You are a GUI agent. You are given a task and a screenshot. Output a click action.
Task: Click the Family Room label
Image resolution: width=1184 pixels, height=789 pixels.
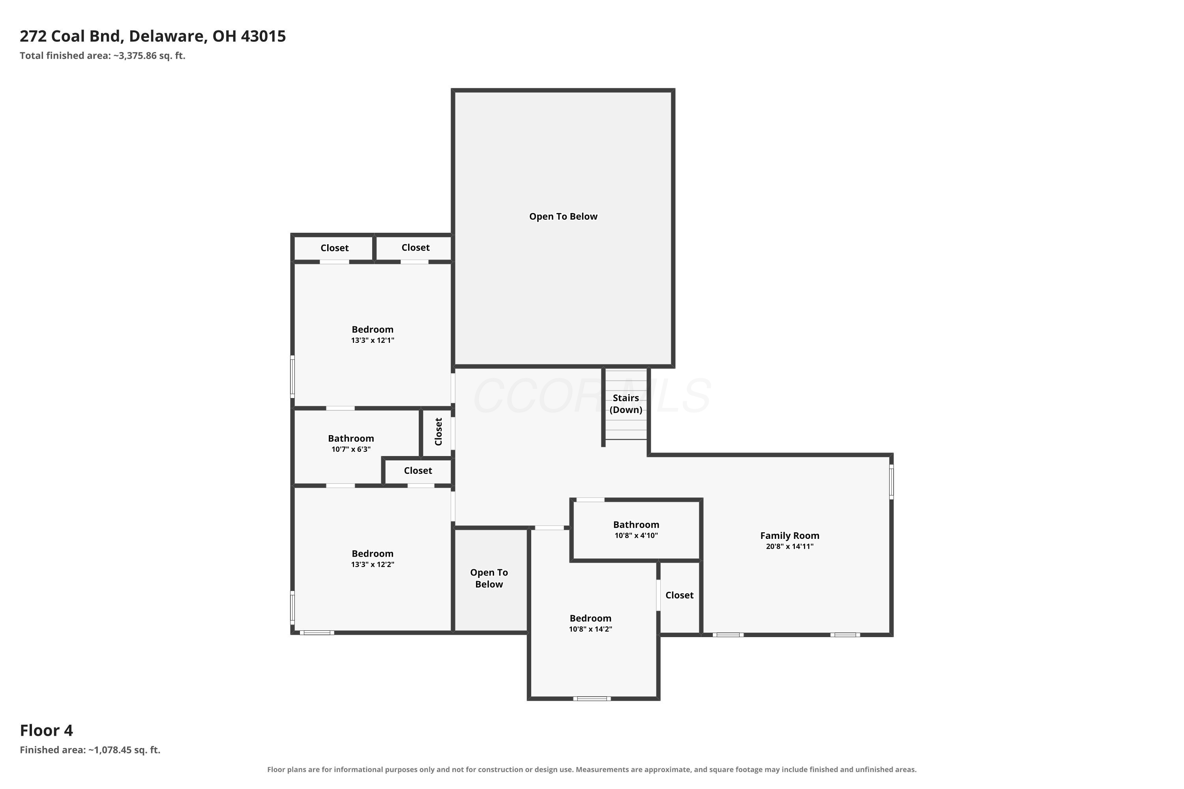(789, 535)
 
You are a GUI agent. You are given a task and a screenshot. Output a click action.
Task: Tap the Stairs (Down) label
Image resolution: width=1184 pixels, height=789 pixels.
(626, 404)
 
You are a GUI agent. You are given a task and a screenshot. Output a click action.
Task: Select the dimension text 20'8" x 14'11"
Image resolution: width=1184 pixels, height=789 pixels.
(789, 546)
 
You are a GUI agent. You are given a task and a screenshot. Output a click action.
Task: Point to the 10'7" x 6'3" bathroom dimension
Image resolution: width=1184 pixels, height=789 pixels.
(351, 449)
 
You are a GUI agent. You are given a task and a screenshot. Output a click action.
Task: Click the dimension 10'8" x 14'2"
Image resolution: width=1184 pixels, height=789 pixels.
(590, 629)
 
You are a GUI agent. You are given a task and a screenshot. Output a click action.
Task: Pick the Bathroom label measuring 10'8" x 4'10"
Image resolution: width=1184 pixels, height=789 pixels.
(636, 525)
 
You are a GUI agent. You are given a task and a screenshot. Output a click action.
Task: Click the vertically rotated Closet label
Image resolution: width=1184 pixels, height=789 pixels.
(438, 432)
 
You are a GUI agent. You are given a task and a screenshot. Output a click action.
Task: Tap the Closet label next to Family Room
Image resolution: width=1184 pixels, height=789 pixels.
(679, 595)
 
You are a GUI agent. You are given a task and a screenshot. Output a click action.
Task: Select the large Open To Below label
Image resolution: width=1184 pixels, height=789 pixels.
(563, 216)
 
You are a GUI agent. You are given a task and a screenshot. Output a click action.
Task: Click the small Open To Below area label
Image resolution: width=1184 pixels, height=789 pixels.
(489, 578)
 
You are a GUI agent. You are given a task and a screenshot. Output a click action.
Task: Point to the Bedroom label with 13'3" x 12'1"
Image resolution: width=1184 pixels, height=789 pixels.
(373, 329)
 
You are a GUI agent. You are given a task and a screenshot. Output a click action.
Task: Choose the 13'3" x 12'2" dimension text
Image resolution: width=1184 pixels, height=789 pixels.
(373, 565)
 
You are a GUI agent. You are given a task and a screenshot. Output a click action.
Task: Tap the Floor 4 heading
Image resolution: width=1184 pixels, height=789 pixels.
(46, 730)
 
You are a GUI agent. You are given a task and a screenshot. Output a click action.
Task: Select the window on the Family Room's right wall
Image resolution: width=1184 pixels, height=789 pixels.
(891, 482)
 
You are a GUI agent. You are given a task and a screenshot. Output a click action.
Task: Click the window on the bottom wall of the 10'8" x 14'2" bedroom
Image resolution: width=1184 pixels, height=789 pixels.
(592, 698)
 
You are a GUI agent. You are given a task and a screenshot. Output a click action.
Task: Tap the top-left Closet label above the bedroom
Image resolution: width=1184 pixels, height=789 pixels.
(334, 248)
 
